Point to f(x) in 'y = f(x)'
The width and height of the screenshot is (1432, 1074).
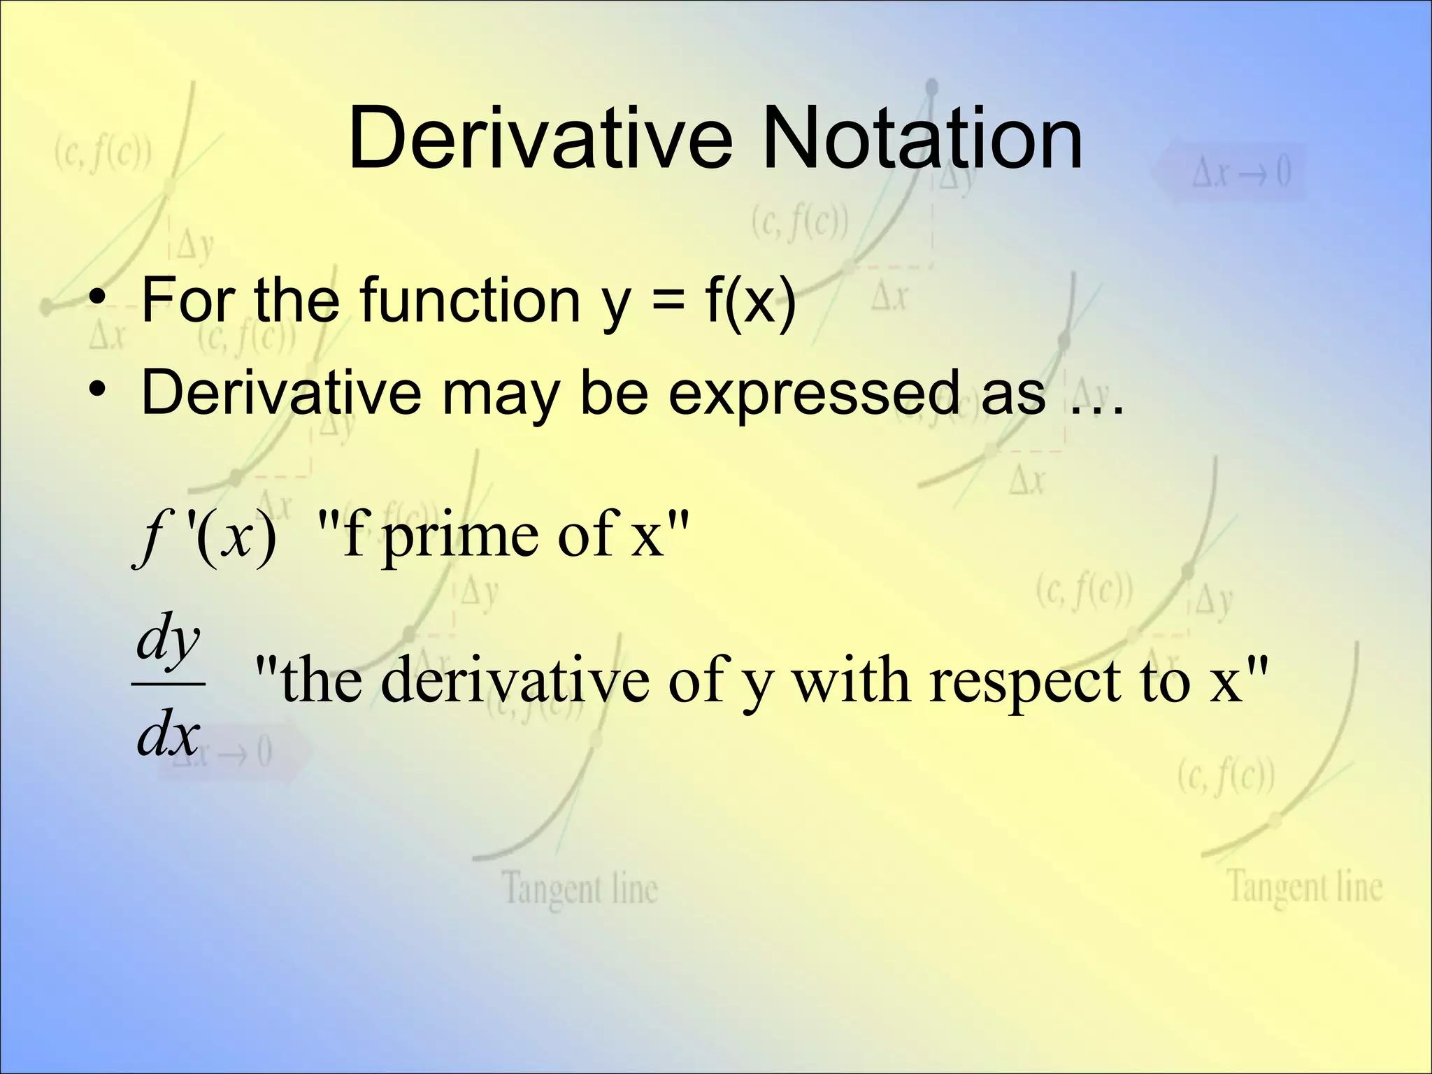[x=751, y=301]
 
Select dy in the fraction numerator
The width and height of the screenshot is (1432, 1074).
[x=168, y=638]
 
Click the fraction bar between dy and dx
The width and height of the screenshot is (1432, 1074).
[x=168, y=685]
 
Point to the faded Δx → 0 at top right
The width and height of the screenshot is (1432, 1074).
[x=1240, y=172]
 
